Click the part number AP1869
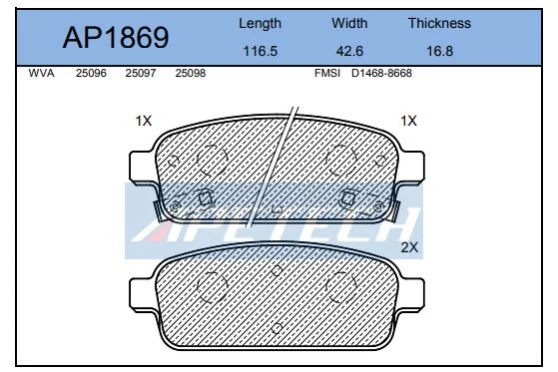116,38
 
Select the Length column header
261,23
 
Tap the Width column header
350,23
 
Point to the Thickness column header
439,23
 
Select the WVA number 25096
92,74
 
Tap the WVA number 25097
141,74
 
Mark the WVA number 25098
191,74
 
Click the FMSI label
327,74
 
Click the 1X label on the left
143,121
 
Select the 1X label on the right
407,121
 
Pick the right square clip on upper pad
350,196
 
